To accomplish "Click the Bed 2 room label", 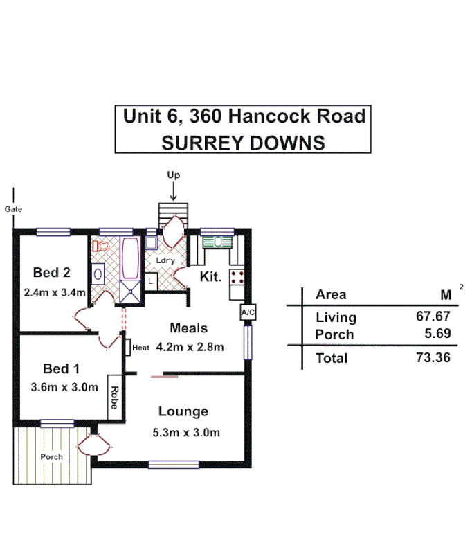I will pos(52,273).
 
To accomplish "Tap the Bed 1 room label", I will pos(61,368).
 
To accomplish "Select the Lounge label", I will pos(183,411).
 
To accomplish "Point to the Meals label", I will pos(189,328).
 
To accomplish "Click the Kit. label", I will pos(210,277).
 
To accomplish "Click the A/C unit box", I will pos(248,312).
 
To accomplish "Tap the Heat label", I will pos(140,348).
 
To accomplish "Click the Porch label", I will pos(51,457).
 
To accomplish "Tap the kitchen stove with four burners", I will pos(237,278).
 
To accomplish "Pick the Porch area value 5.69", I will pos(438,334).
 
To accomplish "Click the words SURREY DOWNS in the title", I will pos(243,142).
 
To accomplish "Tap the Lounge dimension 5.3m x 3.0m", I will pos(186,433).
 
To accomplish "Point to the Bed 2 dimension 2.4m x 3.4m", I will pos(53,292).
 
